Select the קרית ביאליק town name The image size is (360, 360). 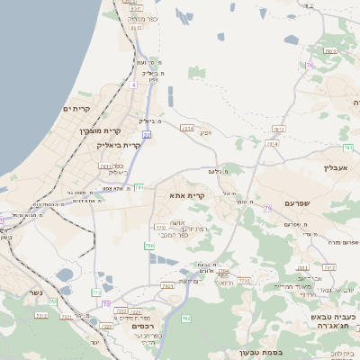119,145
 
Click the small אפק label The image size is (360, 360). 206,133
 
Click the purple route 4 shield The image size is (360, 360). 133,85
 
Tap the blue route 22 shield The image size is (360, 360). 146,134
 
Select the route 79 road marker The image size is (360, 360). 267,209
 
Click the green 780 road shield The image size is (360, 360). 148,245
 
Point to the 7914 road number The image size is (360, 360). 272,143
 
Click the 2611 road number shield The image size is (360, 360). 106,166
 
